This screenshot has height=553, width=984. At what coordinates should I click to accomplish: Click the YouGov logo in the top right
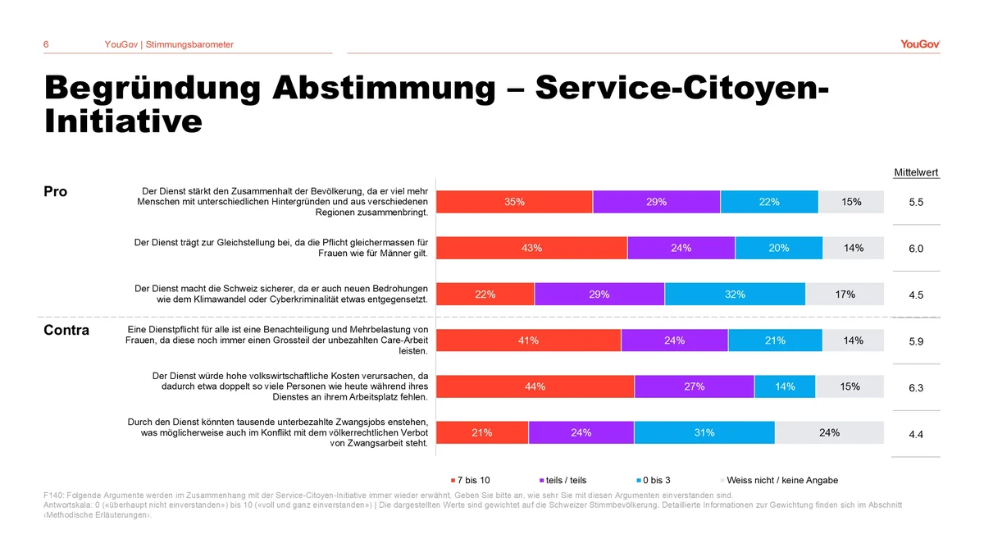(x=919, y=44)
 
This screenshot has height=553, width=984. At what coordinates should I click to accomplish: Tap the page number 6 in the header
(x=46, y=44)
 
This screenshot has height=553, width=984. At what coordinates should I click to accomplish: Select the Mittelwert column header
(x=916, y=172)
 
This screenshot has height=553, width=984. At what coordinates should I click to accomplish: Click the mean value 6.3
(x=916, y=388)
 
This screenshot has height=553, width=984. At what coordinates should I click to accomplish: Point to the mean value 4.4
(x=916, y=434)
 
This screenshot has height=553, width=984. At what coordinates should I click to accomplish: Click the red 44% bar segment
(x=535, y=387)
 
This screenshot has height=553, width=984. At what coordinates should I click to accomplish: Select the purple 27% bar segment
(x=694, y=387)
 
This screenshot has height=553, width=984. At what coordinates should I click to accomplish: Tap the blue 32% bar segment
(x=735, y=295)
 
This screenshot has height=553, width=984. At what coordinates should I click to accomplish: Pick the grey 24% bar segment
(x=829, y=433)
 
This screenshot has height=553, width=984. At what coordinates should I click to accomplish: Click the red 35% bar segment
(x=514, y=202)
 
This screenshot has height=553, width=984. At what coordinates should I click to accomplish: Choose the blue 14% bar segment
(x=785, y=387)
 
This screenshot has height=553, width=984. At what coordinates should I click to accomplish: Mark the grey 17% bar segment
(x=845, y=295)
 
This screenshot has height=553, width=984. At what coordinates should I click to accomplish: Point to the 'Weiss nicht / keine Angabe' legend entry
(x=781, y=480)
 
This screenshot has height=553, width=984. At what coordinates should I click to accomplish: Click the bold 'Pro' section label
(x=55, y=191)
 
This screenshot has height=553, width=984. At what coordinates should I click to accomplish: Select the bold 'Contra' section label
(x=66, y=331)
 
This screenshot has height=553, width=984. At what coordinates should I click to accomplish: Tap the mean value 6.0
(x=916, y=249)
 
